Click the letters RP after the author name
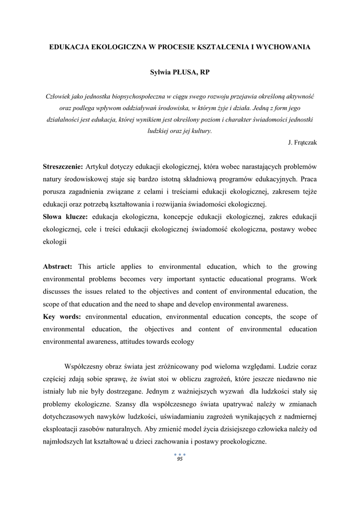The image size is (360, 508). click(205, 72)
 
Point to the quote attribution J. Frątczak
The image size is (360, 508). click(302, 142)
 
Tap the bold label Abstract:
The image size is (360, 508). click(58, 266)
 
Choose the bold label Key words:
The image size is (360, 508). click(62, 317)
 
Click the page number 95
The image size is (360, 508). click(180, 459)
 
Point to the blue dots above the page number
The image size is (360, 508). click(180, 454)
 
